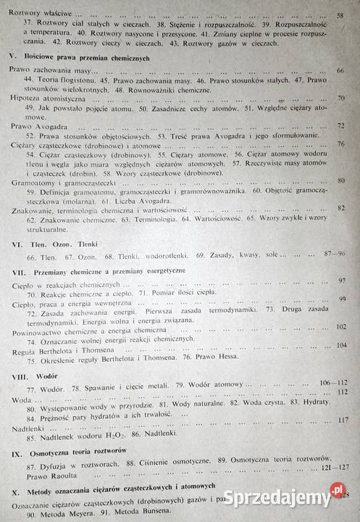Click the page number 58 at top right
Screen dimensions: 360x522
tap(340, 15)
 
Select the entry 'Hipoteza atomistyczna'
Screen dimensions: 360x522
tap(46, 97)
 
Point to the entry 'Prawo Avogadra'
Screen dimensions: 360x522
tap(35, 125)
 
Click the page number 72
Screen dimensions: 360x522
tap(341, 125)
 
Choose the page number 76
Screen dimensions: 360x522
tap(340, 145)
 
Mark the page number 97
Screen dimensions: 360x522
tap(343, 281)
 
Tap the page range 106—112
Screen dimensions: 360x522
tap(334, 382)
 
